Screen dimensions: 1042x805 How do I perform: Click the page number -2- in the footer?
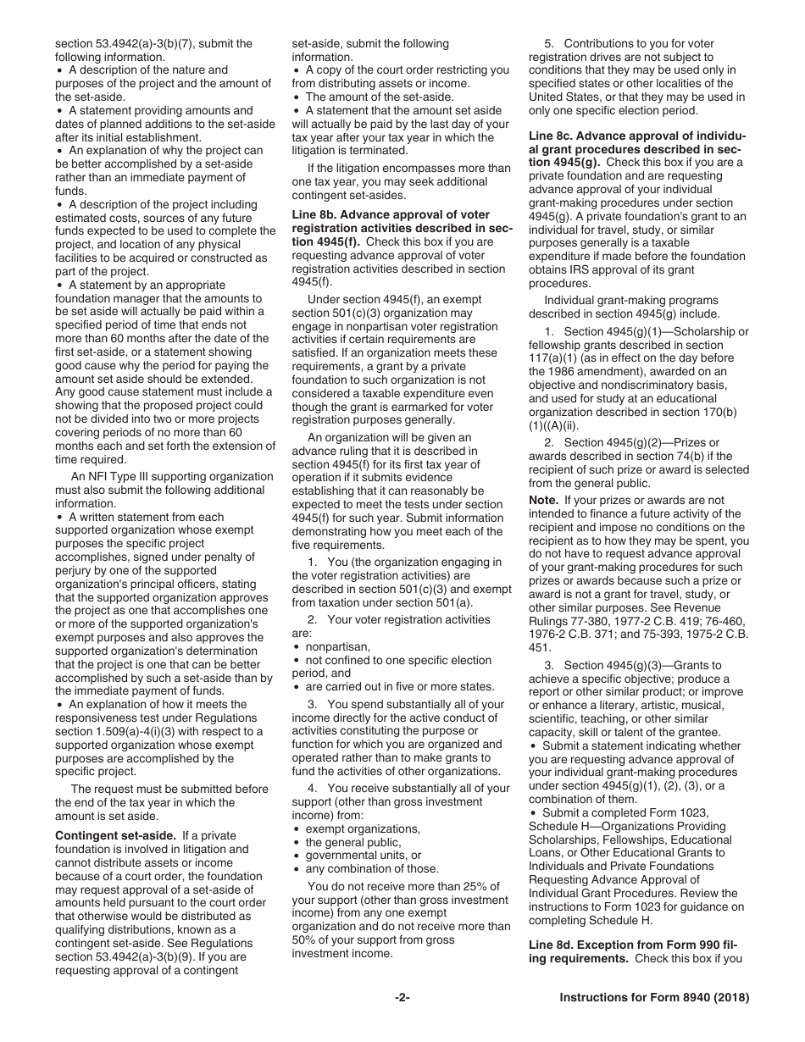402,998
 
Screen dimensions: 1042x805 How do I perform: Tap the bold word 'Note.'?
546,501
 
